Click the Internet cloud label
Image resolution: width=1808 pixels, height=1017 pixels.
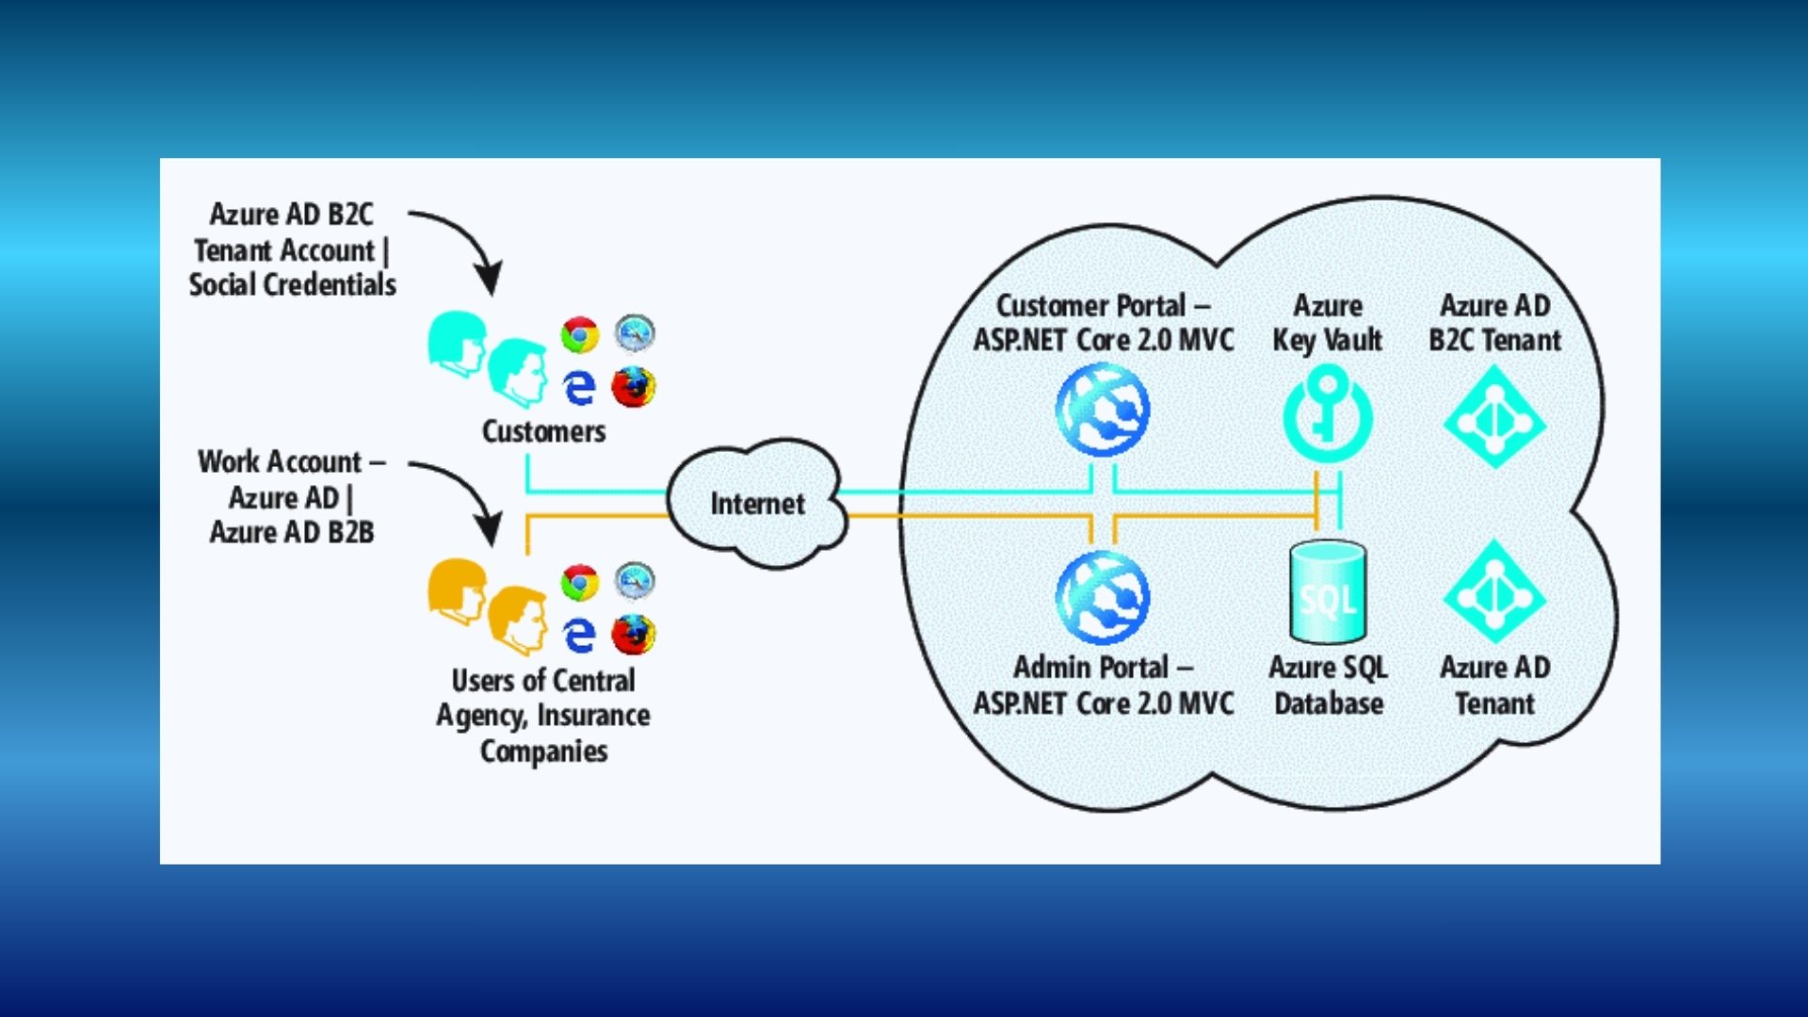pos(757,504)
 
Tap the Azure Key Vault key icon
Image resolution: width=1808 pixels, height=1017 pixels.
pos(1328,414)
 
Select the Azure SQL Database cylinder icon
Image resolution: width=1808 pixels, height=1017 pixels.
pos(1328,591)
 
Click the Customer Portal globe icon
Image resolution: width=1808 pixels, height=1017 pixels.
pos(1103,411)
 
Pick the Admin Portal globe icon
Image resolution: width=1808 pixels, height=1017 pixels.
pos(1103,597)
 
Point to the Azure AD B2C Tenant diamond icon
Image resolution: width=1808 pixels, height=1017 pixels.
pos(1494,417)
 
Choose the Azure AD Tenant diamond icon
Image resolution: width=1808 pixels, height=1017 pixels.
pos(1494,591)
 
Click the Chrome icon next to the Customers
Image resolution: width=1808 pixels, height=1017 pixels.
pos(580,335)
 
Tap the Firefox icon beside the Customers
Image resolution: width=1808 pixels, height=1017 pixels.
pos(634,387)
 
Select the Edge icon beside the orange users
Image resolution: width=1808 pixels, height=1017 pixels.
pos(579,635)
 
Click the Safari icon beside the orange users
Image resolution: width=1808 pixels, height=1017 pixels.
pos(635,580)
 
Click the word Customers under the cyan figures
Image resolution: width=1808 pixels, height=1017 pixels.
pos(543,431)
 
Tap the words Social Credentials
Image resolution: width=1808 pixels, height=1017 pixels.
pos(292,284)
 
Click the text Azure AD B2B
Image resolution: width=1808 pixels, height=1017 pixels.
pos(292,532)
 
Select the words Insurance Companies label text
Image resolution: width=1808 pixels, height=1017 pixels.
pos(543,734)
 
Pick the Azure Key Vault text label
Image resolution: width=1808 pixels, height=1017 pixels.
pos(1328,323)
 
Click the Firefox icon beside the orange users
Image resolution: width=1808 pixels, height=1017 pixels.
pos(634,635)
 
